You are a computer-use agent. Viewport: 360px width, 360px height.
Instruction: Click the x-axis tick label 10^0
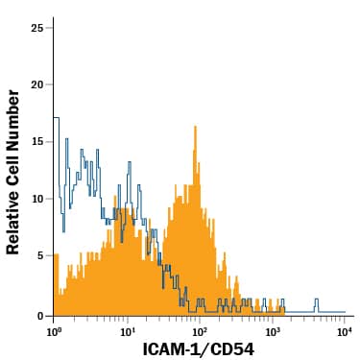pyautogui.click(x=55, y=331)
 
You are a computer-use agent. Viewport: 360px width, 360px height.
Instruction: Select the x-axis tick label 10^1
pyautogui.click(x=127, y=331)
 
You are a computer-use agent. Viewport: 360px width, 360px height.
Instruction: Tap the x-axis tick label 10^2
pyautogui.click(x=200, y=331)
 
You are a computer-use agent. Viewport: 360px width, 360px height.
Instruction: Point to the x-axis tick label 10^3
pyautogui.click(x=273, y=331)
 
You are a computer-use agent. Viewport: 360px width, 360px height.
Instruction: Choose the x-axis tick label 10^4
pyautogui.click(x=344, y=331)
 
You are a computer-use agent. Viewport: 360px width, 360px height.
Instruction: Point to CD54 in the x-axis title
pyautogui.click(x=232, y=349)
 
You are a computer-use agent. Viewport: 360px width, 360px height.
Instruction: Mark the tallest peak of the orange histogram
pyautogui.click(x=195, y=127)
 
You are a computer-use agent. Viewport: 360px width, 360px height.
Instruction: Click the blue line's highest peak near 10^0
pyautogui.click(x=57, y=118)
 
